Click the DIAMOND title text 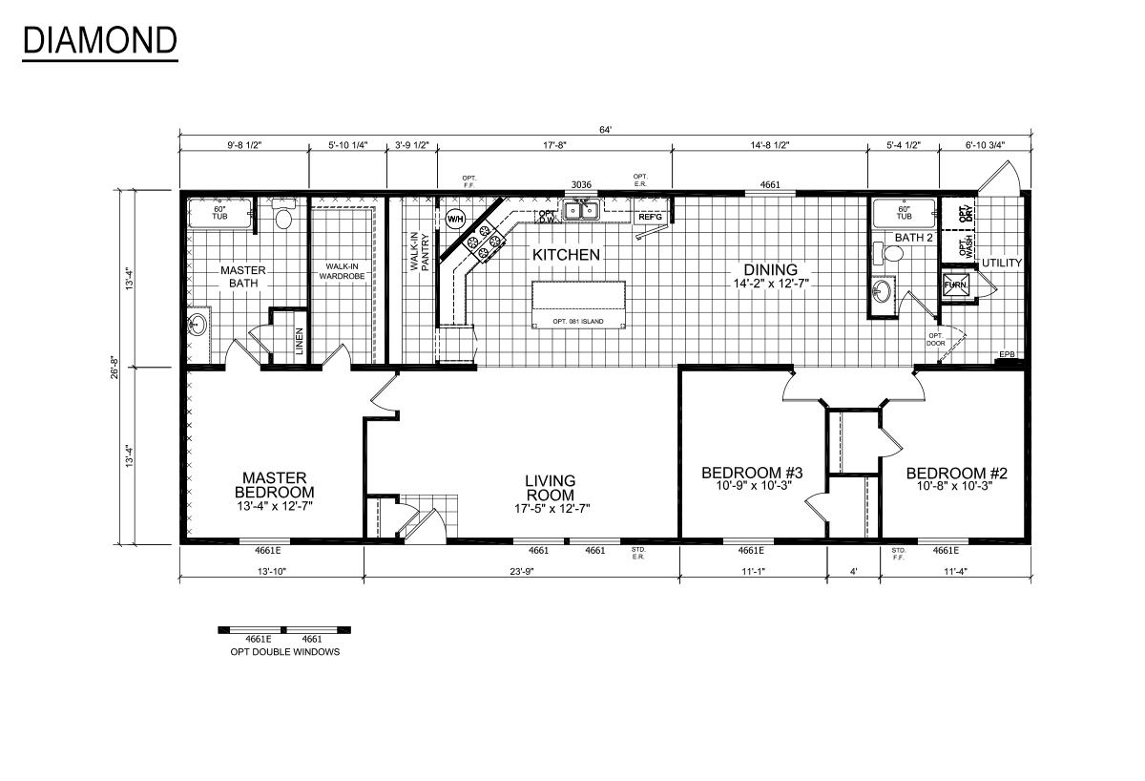point(99,40)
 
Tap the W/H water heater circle point(454,219)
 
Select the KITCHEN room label point(566,255)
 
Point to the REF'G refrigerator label point(650,217)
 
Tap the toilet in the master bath point(282,218)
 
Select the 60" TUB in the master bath point(219,213)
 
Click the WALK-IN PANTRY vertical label point(420,252)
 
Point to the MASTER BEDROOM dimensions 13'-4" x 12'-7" point(274,505)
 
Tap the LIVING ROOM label point(551,488)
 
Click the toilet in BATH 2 point(892,254)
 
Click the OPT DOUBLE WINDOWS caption point(284,652)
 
